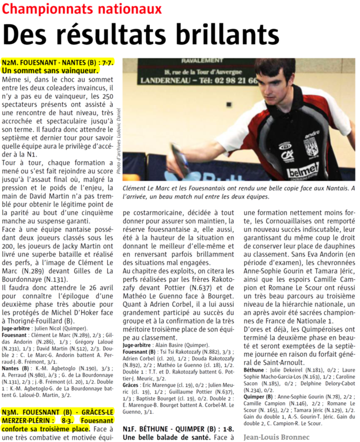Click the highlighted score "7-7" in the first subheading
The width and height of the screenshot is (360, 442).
(x=107, y=62)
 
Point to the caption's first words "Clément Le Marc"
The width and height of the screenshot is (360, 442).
(x=147, y=188)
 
